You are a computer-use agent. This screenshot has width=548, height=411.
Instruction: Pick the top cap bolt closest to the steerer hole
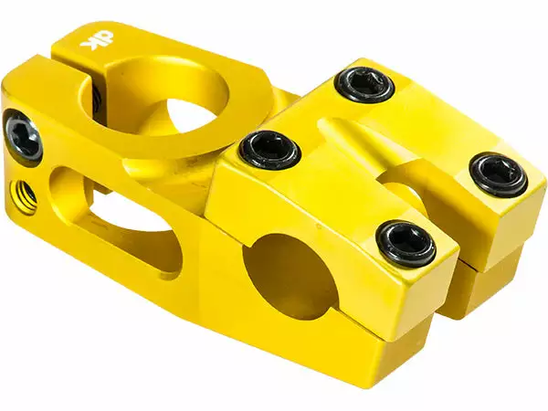coord(269,148)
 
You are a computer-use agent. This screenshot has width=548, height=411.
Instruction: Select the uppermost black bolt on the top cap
coord(364,84)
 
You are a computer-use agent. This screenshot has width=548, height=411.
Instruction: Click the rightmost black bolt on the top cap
coord(499,173)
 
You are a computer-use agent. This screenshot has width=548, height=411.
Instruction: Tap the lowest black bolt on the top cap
coord(406,242)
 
